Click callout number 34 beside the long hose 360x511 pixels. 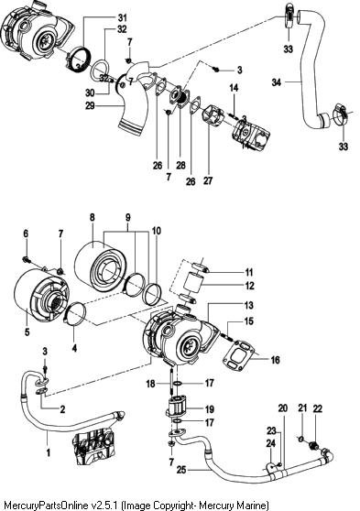(x=277, y=82)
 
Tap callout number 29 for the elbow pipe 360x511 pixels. (x=91, y=105)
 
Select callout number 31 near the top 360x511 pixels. (x=122, y=17)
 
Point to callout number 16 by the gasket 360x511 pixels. (x=276, y=360)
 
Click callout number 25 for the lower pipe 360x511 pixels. (x=181, y=470)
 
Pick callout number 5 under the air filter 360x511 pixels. (x=27, y=332)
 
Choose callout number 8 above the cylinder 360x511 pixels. (x=93, y=217)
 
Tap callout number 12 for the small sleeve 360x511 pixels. (x=249, y=286)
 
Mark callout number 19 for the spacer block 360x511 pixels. (x=209, y=409)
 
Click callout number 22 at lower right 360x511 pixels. (x=318, y=408)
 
